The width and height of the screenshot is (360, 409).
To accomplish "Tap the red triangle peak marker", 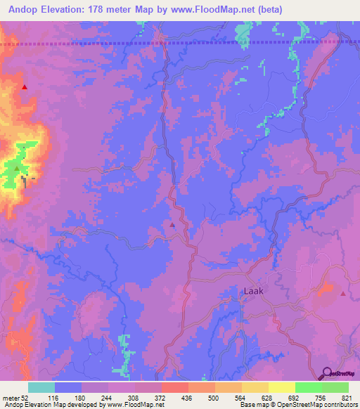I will click(x=25, y=87).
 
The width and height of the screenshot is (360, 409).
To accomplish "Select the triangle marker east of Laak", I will click(x=342, y=294).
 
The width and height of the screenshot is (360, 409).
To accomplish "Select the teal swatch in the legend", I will click(x=41, y=387).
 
